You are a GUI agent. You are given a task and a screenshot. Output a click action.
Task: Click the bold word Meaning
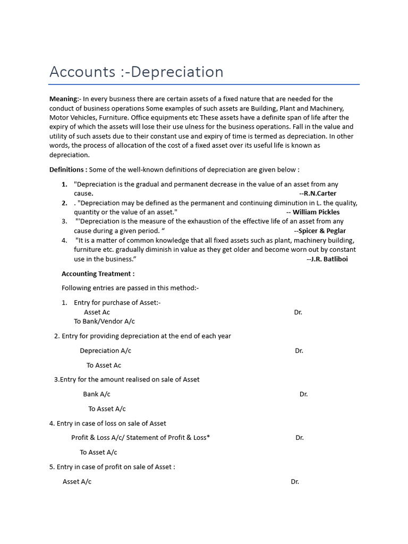click(63, 99)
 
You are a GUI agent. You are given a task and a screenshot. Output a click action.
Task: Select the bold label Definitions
click(68, 169)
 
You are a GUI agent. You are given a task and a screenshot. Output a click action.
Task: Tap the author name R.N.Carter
click(320, 193)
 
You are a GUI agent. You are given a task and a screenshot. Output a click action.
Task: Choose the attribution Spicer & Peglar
click(322, 231)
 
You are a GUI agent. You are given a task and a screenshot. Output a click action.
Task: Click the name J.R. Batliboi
click(329, 259)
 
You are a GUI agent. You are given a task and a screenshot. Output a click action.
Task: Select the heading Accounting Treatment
click(98, 274)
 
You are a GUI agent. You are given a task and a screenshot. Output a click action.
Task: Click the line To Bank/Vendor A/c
click(104, 321)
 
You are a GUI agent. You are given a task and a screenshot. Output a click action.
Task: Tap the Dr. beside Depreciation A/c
click(299, 351)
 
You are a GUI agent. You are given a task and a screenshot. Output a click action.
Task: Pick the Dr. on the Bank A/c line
click(303, 394)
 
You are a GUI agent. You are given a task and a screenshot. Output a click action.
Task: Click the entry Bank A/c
click(96, 394)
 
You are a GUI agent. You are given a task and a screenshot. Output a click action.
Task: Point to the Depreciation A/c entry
click(105, 351)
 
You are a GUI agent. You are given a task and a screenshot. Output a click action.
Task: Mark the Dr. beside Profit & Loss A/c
click(300, 438)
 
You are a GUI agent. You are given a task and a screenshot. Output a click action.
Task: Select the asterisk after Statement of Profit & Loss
click(208, 437)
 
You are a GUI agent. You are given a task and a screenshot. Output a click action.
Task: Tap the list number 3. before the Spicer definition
click(64, 221)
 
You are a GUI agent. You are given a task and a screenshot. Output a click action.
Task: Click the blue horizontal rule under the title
click(204, 84)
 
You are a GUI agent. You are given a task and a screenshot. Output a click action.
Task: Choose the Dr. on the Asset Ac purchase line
click(297, 312)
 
